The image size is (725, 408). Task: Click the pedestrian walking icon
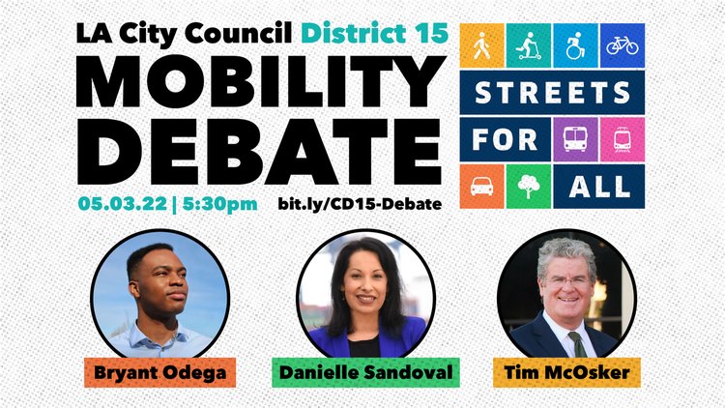tap(481, 45)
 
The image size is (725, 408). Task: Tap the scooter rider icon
tap(528, 45)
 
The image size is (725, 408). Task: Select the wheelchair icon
tap(575, 45)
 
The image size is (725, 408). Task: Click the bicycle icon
tap(622, 45)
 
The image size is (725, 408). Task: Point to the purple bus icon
tap(575, 139)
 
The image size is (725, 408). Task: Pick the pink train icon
tap(622, 139)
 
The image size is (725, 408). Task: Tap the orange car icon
tap(481, 187)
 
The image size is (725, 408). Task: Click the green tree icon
tap(529, 187)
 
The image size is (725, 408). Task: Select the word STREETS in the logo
tap(552, 93)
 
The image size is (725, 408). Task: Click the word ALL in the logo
tap(599, 187)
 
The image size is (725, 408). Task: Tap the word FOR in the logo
tap(505, 139)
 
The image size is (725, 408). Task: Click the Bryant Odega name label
tap(159, 372)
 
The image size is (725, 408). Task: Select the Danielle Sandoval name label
tap(365, 372)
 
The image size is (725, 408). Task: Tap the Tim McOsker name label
tap(566, 372)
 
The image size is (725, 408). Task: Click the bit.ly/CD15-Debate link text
tap(360, 204)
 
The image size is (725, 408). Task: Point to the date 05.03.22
tap(122, 204)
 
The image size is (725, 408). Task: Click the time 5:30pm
tap(220, 204)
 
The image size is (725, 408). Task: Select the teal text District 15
tap(374, 33)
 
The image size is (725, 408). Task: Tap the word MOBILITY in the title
tap(260, 82)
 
